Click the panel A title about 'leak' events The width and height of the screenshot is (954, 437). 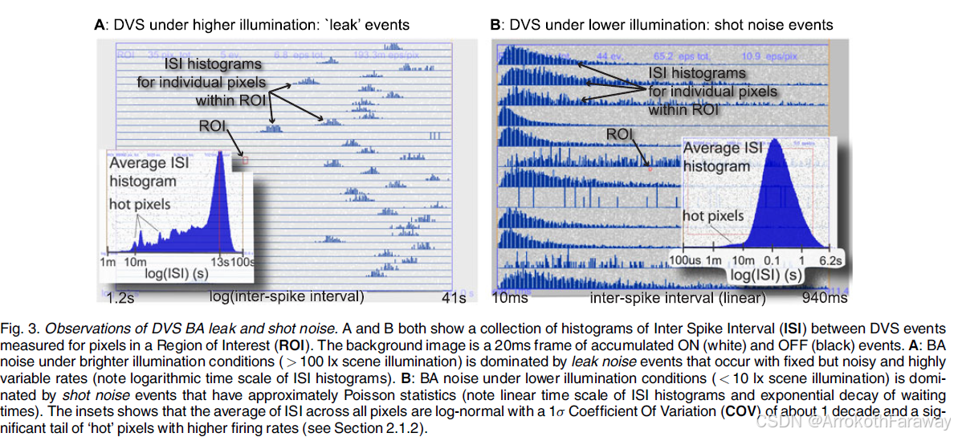[x=251, y=24]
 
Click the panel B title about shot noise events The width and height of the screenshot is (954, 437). [x=661, y=24]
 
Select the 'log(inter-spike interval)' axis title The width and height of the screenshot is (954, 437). [x=287, y=296]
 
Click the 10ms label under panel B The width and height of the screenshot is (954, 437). [x=509, y=298]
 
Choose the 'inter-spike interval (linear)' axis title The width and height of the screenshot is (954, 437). [x=678, y=298]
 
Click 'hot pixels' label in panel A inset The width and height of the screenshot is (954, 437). [x=140, y=204]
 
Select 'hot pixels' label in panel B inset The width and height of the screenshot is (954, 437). [x=713, y=215]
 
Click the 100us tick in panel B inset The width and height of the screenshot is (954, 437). [x=687, y=261]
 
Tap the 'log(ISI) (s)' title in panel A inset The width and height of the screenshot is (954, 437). [x=180, y=273]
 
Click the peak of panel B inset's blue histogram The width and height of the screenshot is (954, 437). [x=777, y=143]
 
